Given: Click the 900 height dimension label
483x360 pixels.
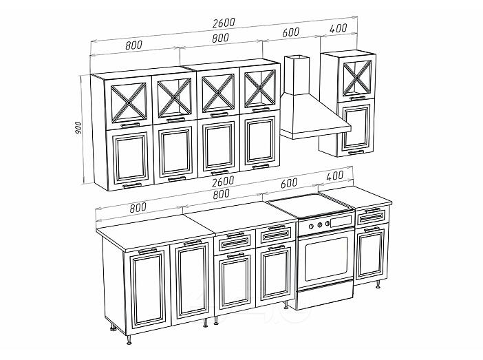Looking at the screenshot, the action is [x=78, y=127].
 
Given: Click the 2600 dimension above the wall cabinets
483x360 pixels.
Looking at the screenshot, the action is [x=224, y=23].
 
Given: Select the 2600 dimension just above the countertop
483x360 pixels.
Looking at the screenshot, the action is [x=223, y=181].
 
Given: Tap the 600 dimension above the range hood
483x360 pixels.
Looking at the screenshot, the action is [x=291, y=32].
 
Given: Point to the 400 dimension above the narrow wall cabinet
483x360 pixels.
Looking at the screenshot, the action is [x=339, y=28].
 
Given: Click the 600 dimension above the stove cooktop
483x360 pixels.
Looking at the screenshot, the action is [x=289, y=182].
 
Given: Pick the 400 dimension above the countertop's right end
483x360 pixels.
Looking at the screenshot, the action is [x=334, y=176].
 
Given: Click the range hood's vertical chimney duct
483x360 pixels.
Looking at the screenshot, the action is [x=296, y=75].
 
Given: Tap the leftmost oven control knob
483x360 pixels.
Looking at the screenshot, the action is [x=311, y=226].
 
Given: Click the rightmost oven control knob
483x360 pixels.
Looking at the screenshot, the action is [x=327, y=223].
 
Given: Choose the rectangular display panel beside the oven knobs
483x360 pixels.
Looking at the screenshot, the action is [x=341, y=221].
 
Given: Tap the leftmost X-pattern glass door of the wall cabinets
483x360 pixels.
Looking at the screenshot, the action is [x=129, y=103].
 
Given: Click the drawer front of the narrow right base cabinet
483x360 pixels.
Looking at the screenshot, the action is [x=372, y=217].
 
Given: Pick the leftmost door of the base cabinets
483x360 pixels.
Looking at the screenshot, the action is [x=148, y=289].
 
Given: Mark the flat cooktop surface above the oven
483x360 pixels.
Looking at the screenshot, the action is [x=310, y=204].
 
